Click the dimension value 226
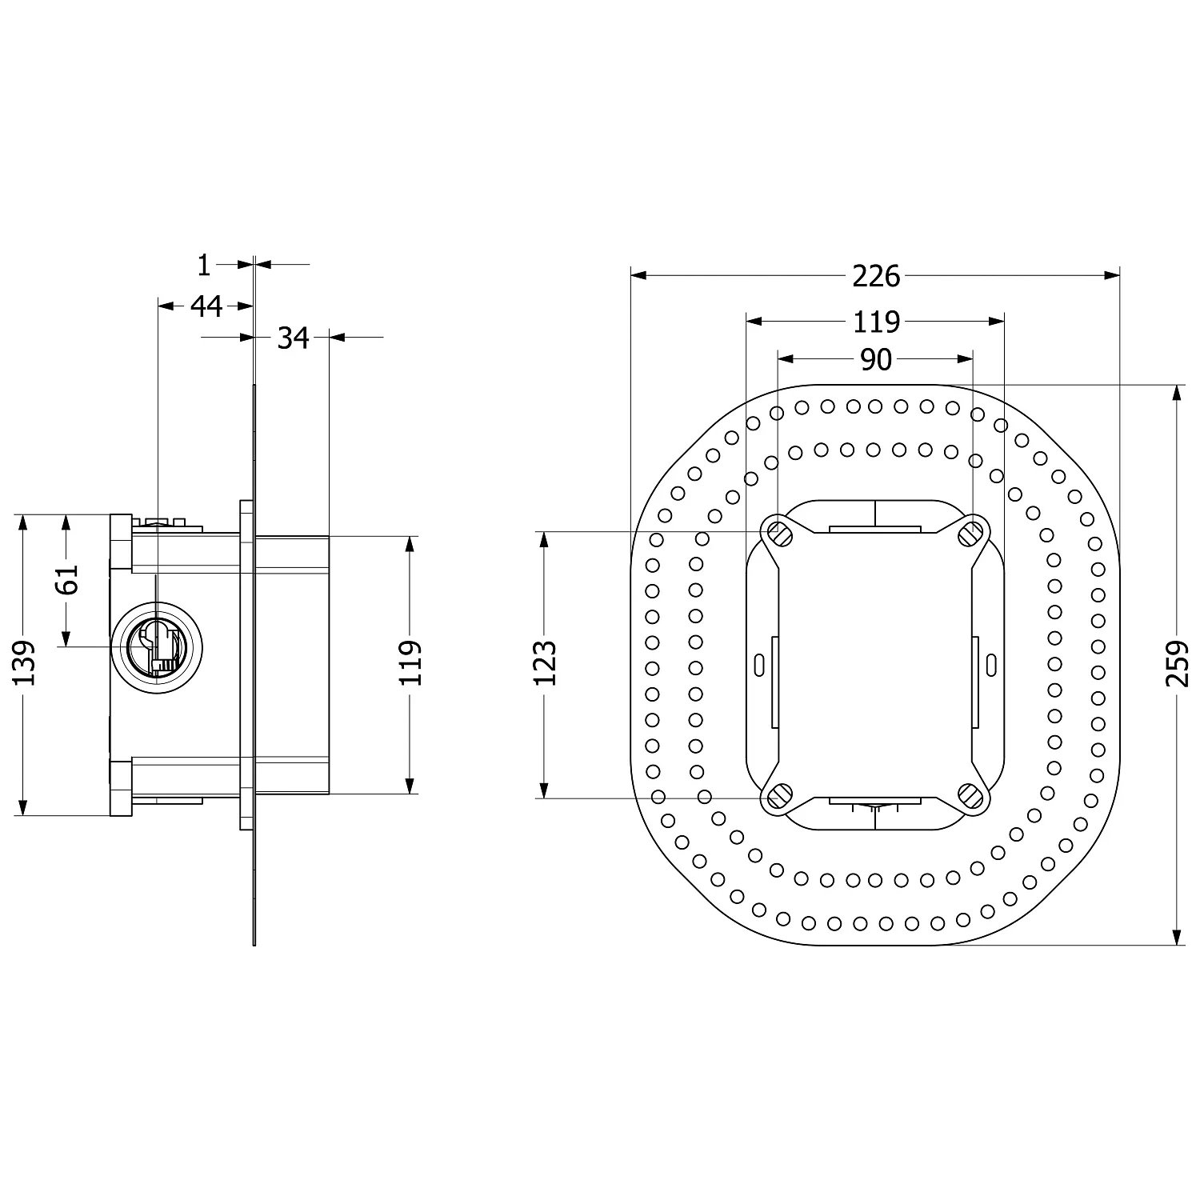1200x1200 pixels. [876, 276]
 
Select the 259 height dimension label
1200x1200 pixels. [1177, 663]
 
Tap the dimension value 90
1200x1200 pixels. [876, 360]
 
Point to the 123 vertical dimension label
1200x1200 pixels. [545, 663]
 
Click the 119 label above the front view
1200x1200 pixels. [876, 322]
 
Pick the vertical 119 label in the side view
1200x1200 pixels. [410, 663]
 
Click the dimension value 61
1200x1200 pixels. [68, 579]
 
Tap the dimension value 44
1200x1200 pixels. [206, 306]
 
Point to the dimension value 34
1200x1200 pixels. [293, 338]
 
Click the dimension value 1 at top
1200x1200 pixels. [204, 265]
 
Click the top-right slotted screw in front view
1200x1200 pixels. [971, 530]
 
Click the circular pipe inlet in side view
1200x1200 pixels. [157, 646]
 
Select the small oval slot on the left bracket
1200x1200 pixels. [758, 663]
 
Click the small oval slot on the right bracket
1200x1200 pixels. [991, 663]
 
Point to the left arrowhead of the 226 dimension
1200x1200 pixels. [638, 275]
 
